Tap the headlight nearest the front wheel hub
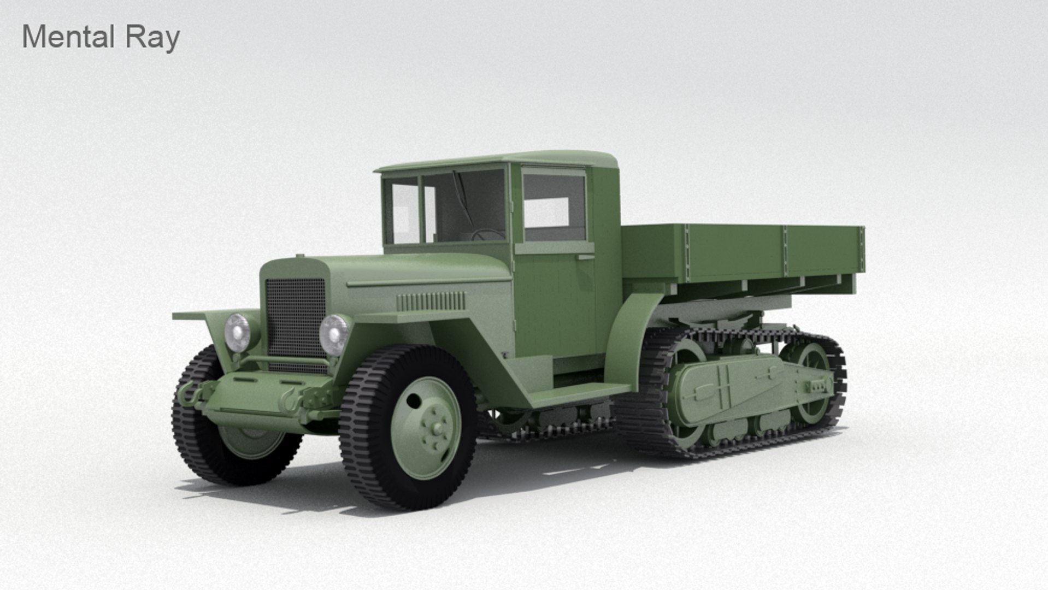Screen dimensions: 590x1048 [x=334, y=334]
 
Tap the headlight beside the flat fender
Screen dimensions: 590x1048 [x=238, y=332]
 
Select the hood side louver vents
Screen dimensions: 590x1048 [x=431, y=301]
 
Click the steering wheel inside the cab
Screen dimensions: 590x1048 [x=487, y=234]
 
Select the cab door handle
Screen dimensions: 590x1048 [x=585, y=257]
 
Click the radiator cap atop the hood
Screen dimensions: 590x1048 [x=299, y=256]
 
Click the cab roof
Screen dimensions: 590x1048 [x=497, y=160]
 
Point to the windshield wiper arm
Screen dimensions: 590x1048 [x=461, y=197]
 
